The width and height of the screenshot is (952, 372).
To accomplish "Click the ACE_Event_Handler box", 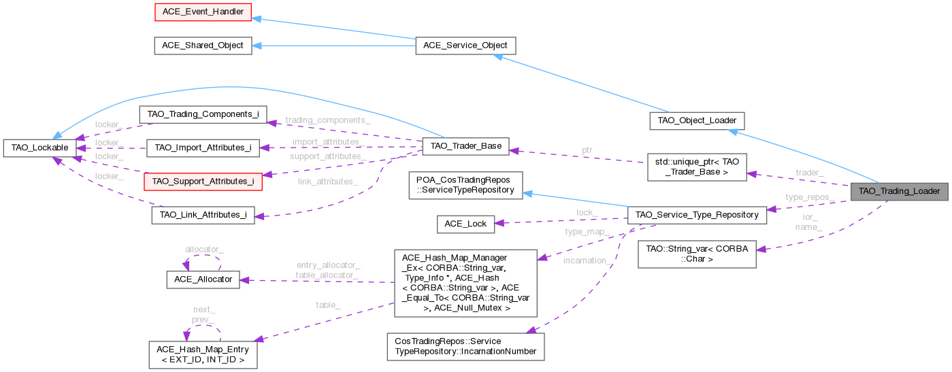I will [x=193, y=12].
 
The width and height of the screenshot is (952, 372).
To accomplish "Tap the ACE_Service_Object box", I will [x=466, y=46].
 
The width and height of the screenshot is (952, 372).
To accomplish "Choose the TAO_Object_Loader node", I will [x=697, y=121].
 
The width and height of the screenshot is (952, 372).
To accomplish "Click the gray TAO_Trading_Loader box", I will [x=899, y=191].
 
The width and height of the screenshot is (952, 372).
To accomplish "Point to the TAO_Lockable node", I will [x=38, y=147].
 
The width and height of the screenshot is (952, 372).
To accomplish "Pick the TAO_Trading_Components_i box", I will [x=202, y=114].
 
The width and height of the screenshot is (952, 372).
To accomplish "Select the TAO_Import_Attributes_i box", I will [x=202, y=147].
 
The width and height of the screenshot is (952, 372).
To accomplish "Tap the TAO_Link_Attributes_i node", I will [x=203, y=215].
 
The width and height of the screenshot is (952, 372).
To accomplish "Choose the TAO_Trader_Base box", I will [x=466, y=147].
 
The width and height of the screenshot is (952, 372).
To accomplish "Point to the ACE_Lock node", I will [x=465, y=223].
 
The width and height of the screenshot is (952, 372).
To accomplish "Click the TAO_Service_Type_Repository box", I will [x=697, y=215].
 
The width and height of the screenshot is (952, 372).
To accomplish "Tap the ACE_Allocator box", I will [x=202, y=279].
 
